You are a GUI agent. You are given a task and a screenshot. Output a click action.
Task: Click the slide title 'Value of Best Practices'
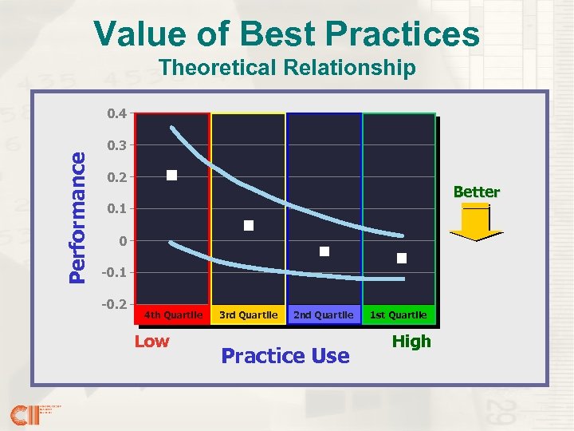point(287,34)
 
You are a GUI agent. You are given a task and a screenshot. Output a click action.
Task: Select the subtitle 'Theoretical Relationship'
point(287,68)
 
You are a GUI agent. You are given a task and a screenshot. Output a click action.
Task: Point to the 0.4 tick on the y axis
point(116,113)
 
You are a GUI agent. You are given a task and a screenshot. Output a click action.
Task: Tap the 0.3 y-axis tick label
point(116,145)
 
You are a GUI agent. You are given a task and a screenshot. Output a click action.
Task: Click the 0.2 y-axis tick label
point(116,177)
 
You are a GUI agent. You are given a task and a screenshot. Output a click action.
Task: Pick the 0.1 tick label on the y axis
point(116,209)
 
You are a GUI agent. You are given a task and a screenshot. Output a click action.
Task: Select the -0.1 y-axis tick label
point(115,273)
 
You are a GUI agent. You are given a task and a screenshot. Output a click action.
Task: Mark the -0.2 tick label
point(115,305)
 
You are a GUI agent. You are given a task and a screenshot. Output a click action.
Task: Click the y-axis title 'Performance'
point(77,217)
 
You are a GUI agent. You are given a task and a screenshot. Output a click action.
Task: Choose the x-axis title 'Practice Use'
point(285,356)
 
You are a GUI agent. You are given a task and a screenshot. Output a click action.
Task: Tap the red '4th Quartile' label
point(173,315)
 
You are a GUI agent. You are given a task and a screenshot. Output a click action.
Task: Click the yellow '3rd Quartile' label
point(248,315)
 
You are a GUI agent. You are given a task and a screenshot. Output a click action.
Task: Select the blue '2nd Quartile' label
point(323,315)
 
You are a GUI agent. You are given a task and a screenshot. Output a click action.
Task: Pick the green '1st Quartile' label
point(398,315)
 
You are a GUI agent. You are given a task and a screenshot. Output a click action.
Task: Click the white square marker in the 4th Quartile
point(171,176)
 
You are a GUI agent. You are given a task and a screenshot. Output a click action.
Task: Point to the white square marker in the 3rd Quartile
point(249,226)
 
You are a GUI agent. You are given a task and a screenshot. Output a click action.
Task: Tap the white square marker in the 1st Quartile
point(402,258)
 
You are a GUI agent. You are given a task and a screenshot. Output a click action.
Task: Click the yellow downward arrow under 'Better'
point(476,223)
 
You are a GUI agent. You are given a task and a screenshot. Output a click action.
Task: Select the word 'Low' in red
point(151,342)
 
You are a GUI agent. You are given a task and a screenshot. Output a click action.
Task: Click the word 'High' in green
point(411,342)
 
